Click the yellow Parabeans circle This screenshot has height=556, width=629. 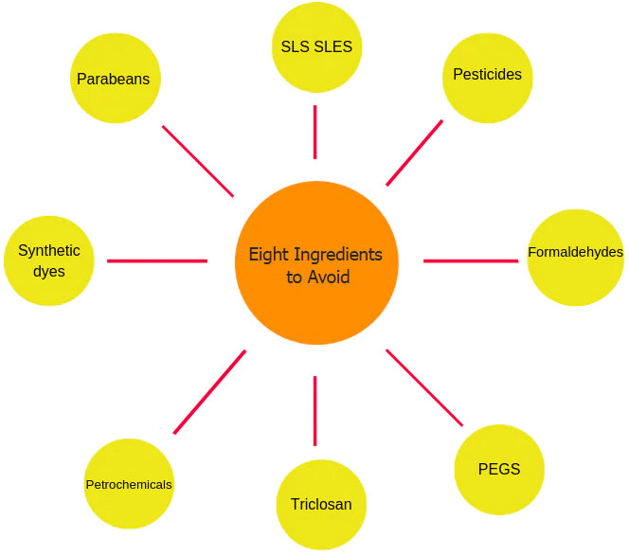pyautogui.click(x=114, y=79)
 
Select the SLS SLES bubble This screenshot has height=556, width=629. pyautogui.click(x=316, y=47)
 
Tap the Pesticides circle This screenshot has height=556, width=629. pyautogui.click(x=487, y=75)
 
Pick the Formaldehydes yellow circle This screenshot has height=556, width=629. pyautogui.click(x=575, y=257)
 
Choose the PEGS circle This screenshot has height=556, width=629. pyautogui.click(x=499, y=470)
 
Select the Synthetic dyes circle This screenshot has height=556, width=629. pyautogui.click(x=49, y=260)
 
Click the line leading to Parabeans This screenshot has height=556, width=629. pyautogui.click(x=198, y=161)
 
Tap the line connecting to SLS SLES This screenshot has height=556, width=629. pyautogui.click(x=315, y=132)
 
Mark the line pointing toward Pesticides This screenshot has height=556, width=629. pyautogui.click(x=414, y=152)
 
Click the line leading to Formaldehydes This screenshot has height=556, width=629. pyautogui.click(x=471, y=260)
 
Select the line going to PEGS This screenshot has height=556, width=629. pyautogui.click(x=424, y=387)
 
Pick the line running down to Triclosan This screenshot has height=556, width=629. pyautogui.click(x=315, y=410)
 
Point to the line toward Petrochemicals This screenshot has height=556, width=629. pyautogui.click(x=209, y=392)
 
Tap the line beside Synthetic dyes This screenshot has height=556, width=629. pyautogui.click(x=157, y=260)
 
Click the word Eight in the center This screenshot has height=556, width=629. pyautogui.click(x=269, y=255)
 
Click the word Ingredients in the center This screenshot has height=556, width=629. pyautogui.click(x=338, y=255)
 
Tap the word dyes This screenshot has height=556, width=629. pyautogui.click(x=49, y=271)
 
